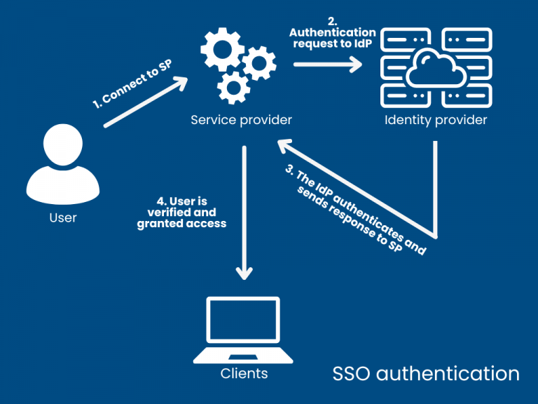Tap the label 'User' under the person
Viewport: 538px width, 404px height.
pyautogui.click(x=63, y=217)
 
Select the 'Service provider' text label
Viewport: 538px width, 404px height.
pyautogui.click(x=241, y=120)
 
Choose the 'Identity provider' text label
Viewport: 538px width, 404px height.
pyautogui.click(x=436, y=120)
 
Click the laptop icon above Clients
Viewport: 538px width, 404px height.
pyautogui.click(x=244, y=330)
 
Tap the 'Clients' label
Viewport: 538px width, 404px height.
pyautogui.click(x=244, y=374)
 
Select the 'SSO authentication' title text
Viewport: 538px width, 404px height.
pyautogui.click(x=425, y=373)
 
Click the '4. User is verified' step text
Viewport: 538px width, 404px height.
pyautogui.click(x=181, y=213)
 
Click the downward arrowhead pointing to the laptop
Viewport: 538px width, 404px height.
pyautogui.click(x=244, y=272)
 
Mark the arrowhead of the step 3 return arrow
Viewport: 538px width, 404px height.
pyautogui.click(x=284, y=145)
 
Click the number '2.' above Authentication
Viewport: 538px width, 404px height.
pyautogui.click(x=332, y=21)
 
